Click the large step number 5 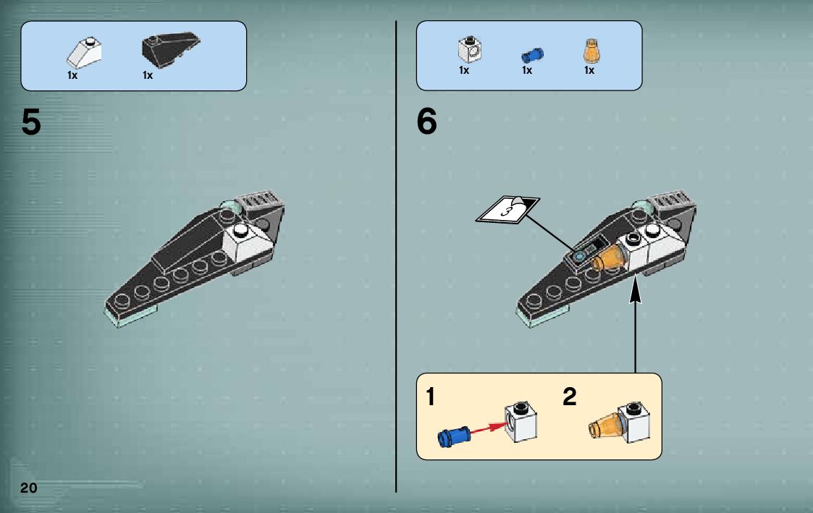pyautogui.click(x=31, y=122)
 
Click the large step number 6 pyautogui.click(x=426, y=122)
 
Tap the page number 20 pyautogui.click(x=29, y=488)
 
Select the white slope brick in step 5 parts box pyautogui.click(x=84, y=53)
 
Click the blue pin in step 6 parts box pyautogui.click(x=532, y=55)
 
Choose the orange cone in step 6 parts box pyautogui.click(x=591, y=51)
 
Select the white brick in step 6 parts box pyautogui.click(x=470, y=49)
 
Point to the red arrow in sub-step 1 pyautogui.click(x=489, y=428)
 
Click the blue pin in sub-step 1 pyautogui.click(x=454, y=436)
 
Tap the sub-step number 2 pyautogui.click(x=569, y=397)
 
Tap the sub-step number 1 pyautogui.click(x=430, y=397)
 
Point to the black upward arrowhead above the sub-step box pyautogui.click(x=635, y=289)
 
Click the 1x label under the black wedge pyautogui.click(x=148, y=76)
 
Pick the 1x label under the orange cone pyautogui.click(x=589, y=70)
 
